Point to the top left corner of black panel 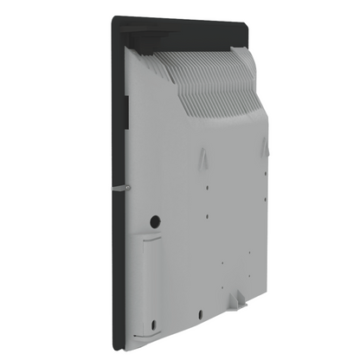pos(108,22)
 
